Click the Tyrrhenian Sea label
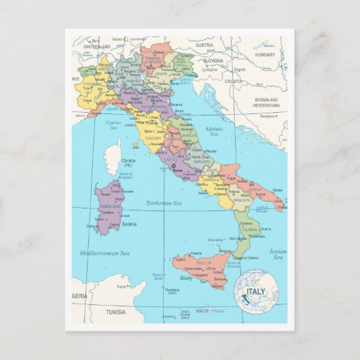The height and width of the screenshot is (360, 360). tap(164, 202)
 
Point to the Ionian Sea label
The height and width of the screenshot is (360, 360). tap(277, 254)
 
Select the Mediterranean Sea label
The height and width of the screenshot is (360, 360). tap(105, 253)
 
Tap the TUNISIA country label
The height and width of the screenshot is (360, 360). tap(111, 312)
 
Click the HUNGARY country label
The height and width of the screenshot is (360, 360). tap(266, 54)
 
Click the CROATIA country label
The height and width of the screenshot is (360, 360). tap(234, 81)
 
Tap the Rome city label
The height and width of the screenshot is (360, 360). tap(179, 170)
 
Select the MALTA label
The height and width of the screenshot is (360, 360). tap(202, 311)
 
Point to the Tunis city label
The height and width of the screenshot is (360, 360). tap(122, 287)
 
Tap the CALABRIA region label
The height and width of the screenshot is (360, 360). tap(251, 230)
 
